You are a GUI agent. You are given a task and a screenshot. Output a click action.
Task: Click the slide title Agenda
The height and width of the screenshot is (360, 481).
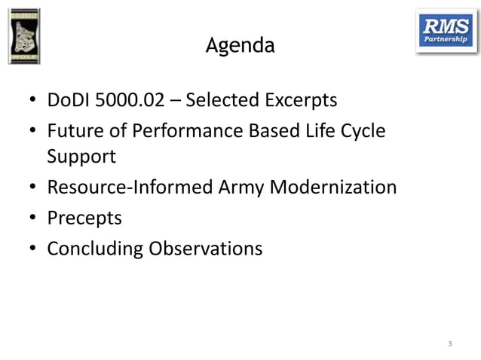pyautogui.click(x=240, y=47)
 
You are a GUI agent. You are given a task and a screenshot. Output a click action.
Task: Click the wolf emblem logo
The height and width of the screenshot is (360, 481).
pyautogui.click(x=25, y=36)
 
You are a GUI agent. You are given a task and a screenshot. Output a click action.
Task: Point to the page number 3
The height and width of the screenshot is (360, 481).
pyautogui.click(x=450, y=344)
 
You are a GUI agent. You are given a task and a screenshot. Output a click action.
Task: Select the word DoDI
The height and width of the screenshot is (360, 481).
pyautogui.click(x=66, y=100)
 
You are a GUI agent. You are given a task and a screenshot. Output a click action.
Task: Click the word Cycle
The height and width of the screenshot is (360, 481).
pyautogui.click(x=362, y=130)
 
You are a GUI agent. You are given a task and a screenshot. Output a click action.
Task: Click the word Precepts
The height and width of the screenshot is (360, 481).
pyautogui.click(x=84, y=218)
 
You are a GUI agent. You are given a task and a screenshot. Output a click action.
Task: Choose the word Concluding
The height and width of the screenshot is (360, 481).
pyautogui.click(x=94, y=248)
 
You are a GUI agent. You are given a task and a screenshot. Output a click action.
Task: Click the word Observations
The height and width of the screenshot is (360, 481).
pyautogui.click(x=205, y=248)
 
